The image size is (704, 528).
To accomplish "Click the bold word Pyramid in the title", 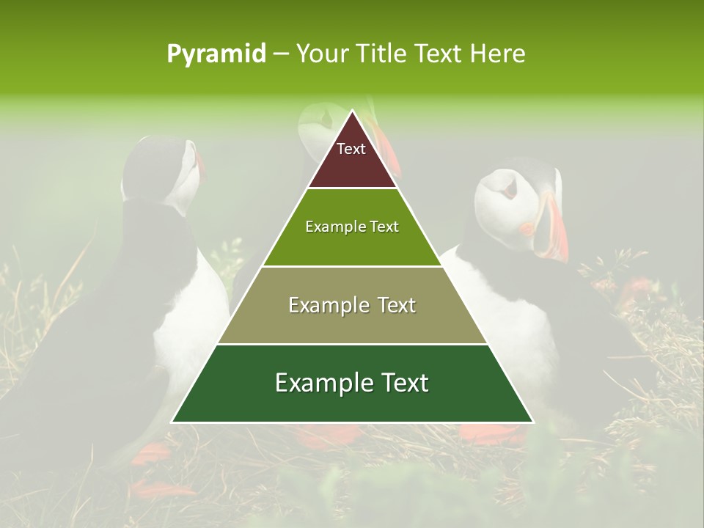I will point(216,54).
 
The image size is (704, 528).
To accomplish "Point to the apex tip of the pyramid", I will point(353,111).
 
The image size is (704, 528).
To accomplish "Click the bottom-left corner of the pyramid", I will point(173,422).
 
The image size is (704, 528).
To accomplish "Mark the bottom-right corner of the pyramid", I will point(532,422).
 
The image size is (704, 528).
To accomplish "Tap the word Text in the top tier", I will point(351,149).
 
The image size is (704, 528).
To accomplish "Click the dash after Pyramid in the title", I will point(281,54).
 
